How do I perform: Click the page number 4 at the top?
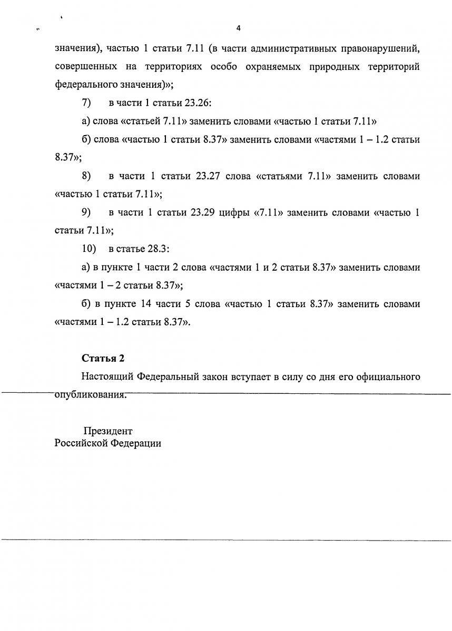238,28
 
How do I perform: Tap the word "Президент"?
107,431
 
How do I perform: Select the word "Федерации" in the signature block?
136,443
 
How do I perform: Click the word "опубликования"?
91,395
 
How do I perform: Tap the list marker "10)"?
89,248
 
